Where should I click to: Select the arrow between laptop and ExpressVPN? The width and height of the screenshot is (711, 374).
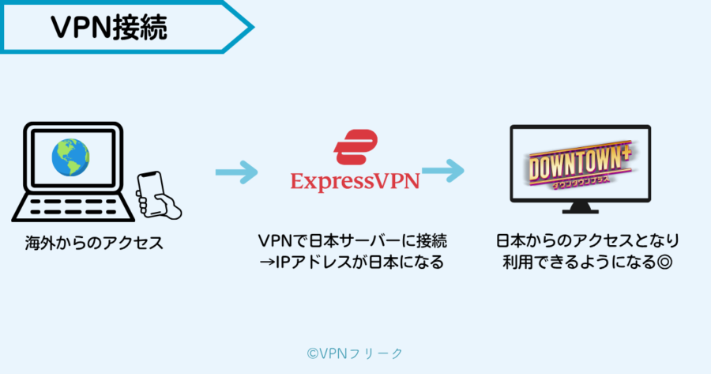[x=236, y=172]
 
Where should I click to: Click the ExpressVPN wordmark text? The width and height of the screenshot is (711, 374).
[x=355, y=181]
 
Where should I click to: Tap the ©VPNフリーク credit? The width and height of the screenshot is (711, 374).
[x=355, y=353]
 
